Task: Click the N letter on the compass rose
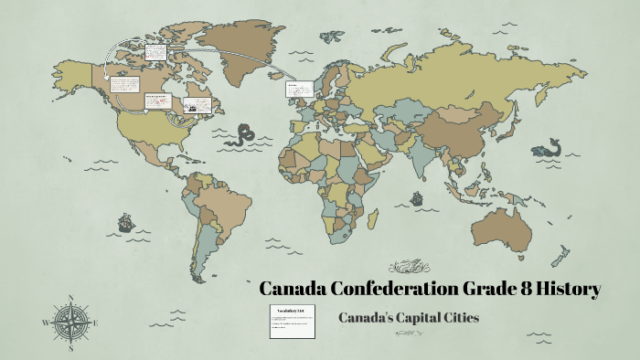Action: point(70,298)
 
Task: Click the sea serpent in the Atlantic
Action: point(243,136)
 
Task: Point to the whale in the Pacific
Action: point(551,147)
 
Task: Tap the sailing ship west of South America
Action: point(124,221)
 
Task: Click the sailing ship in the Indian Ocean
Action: point(417,197)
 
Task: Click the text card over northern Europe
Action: point(300,89)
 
